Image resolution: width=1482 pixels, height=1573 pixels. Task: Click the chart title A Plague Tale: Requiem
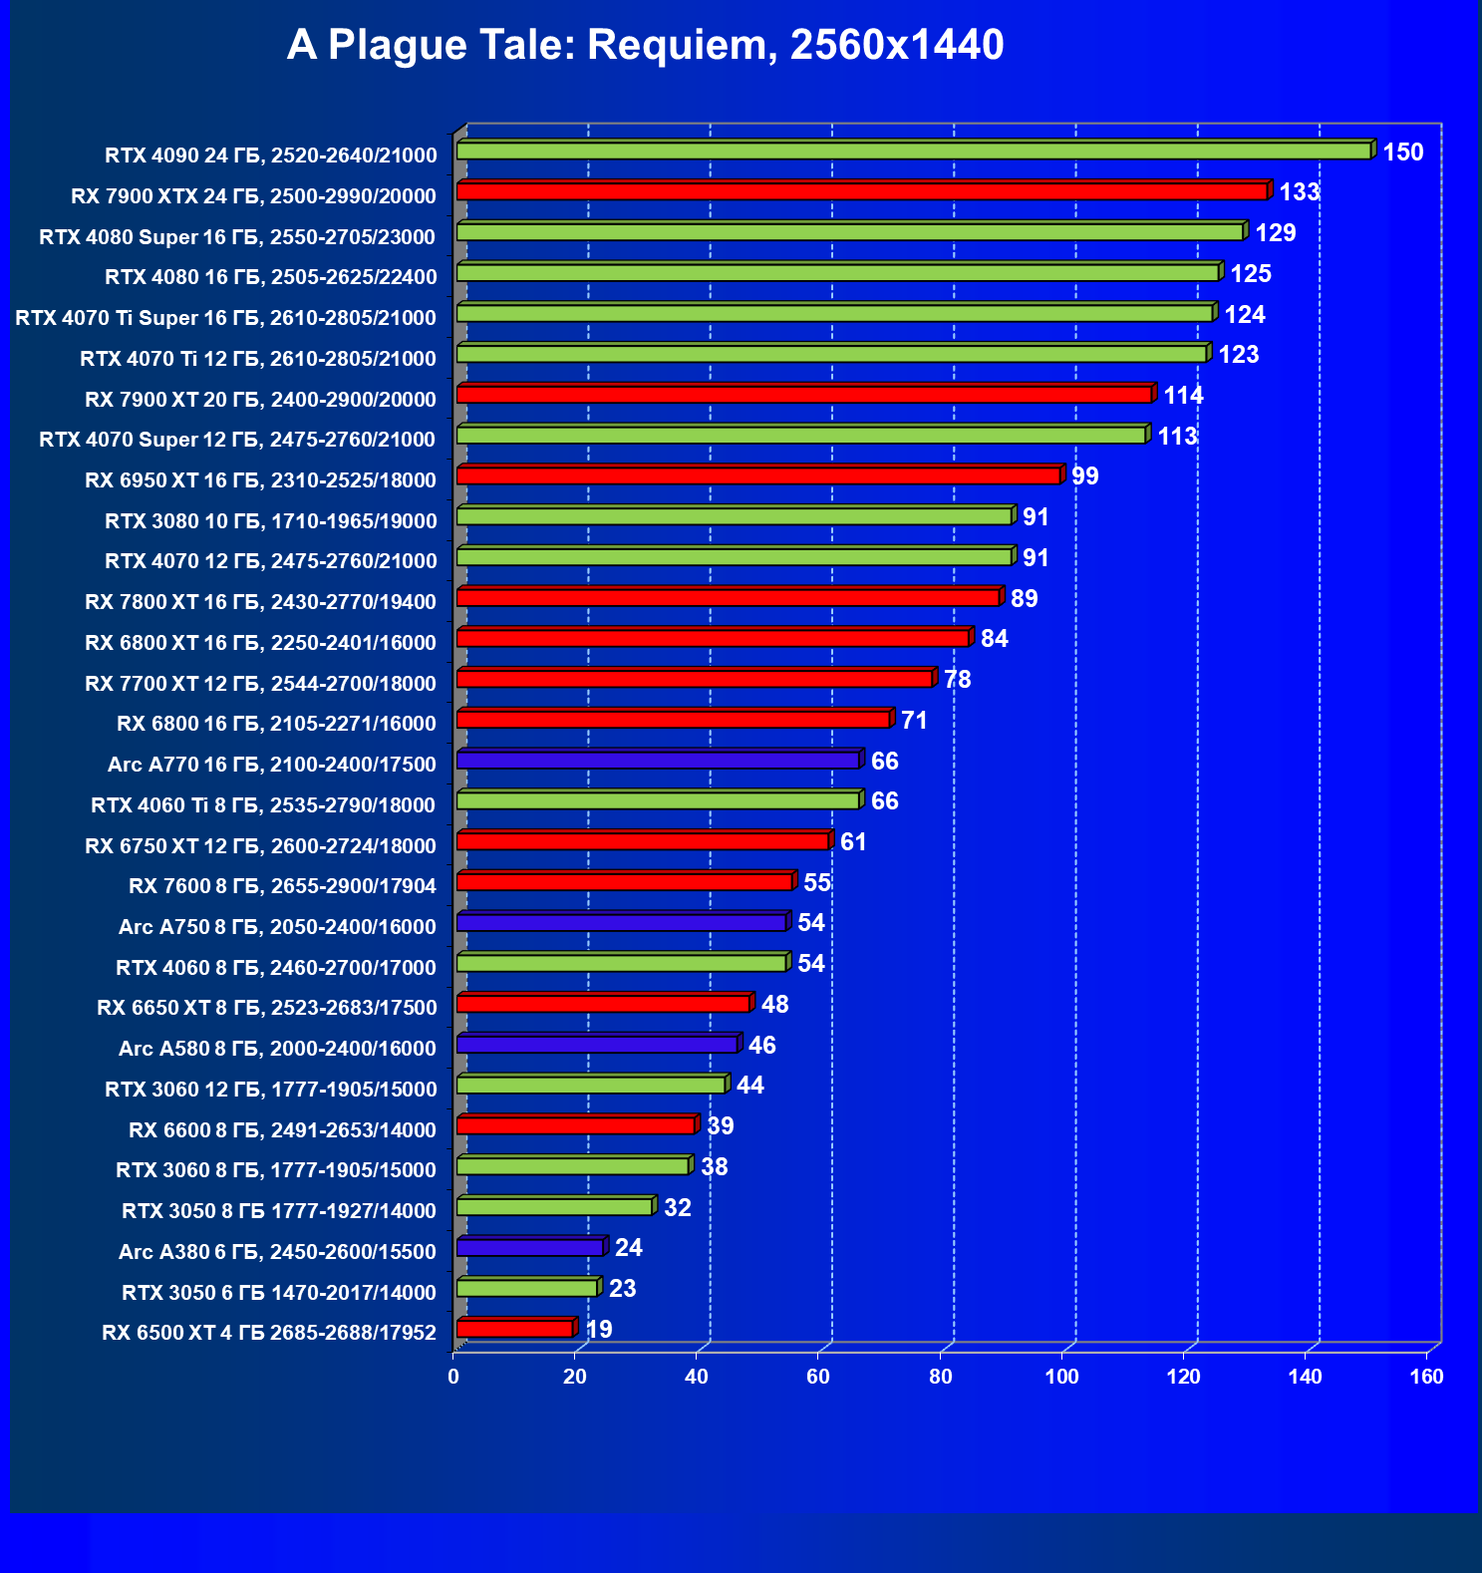coord(645,45)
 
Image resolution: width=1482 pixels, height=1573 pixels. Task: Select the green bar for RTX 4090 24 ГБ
coord(913,151)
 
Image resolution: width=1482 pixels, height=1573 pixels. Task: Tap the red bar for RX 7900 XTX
coord(861,191)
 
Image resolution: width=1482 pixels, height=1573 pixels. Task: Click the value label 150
coord(1402,153)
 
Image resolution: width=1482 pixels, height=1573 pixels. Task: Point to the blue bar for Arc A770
coord(658,761)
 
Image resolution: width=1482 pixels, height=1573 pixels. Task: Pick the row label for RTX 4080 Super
coord(237,237)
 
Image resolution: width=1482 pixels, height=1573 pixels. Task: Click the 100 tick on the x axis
coord(1061,1377)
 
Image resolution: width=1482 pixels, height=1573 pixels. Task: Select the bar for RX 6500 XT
coord(514,1329)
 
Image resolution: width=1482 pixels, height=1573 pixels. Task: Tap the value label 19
coord(599,1330)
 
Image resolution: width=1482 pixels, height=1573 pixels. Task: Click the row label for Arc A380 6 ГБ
coord(277,1252)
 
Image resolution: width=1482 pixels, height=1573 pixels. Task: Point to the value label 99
coord(1084,476)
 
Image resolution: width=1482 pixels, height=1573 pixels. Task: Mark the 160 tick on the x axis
coord(1426,1377)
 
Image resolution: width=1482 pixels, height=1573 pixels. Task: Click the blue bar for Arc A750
coord(621,923)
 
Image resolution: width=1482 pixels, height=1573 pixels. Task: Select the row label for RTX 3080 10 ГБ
coord(270,521)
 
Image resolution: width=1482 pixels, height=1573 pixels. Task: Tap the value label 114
coord(1183,396)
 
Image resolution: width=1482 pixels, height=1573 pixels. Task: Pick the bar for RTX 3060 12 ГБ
coord(591,1086)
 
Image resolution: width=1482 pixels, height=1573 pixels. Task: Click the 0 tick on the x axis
coord(453,1377)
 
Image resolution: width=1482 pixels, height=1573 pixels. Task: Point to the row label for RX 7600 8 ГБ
coord(282,886)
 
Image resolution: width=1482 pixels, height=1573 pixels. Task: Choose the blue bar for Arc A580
coord(597,1045)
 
